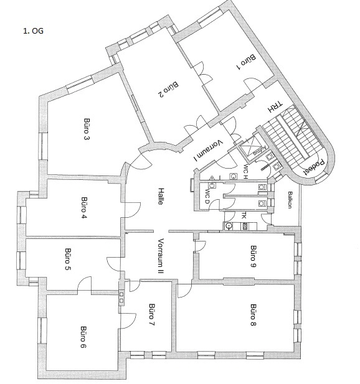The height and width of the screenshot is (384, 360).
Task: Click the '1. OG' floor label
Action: pos(34,31)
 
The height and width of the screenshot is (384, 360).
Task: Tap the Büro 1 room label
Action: pos(246,62)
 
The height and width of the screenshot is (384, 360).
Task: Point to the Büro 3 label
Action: pos(87,129)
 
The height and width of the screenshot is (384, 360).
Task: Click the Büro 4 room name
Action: pos(84,207)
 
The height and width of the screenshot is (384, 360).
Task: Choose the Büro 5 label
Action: pos(68,259)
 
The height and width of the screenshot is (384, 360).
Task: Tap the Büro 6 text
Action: pos(83,337)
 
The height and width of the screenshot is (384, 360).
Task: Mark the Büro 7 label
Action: pos(152,315)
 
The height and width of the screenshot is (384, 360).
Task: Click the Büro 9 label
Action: pos(253,256)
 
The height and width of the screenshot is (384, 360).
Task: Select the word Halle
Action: pos(161,197)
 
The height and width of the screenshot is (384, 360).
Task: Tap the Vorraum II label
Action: pos(161,256)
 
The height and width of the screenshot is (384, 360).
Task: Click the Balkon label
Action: pos(290,200)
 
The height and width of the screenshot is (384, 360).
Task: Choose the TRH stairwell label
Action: pos(275,107)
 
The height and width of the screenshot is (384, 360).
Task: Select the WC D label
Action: pos(207,196)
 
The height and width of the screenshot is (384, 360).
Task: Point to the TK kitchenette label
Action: pos(244,216)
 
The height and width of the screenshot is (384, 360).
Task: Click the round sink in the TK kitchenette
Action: pos(229,226)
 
